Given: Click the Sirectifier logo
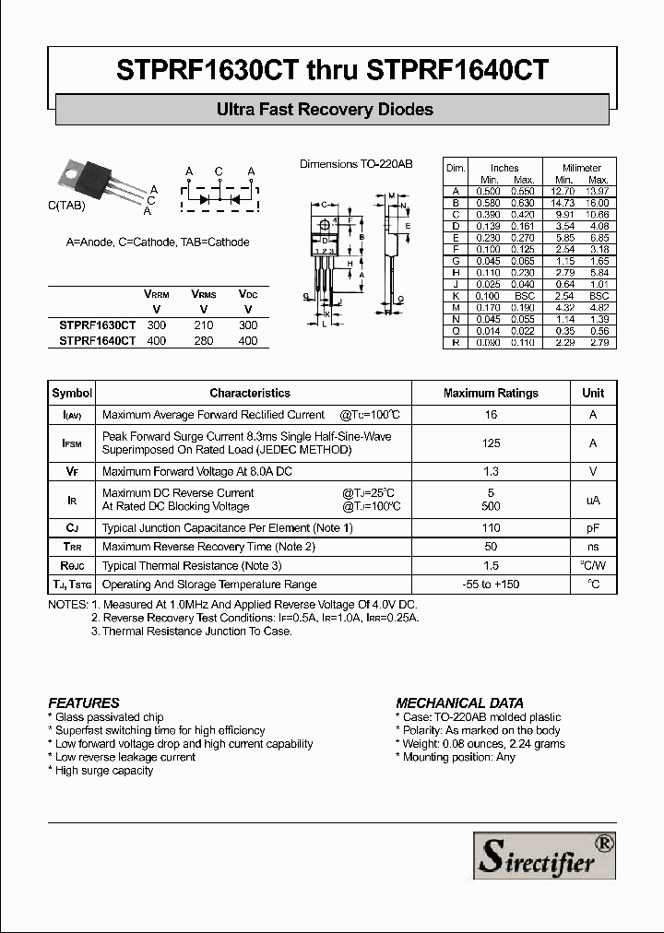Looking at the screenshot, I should [x=544, y=854].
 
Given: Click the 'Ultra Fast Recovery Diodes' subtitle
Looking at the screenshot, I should [x=325, y=110].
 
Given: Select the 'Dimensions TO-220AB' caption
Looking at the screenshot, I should [x=356, y=164].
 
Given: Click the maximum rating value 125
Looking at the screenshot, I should [x=491, y=443].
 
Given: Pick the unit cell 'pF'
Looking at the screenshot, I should [x=593, y=528].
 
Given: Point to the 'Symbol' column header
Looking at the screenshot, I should [x=72, y=393].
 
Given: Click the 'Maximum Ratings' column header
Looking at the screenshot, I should [x=491, y=393].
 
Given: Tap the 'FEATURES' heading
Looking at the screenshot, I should [x=83, y=703].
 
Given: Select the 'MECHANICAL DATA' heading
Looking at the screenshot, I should [x=459, y=703].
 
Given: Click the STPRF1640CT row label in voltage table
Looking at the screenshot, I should [x=97, y=340].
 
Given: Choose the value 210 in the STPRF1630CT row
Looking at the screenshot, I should [x=204, y=325].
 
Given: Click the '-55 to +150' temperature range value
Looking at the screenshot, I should [x=491, y=585].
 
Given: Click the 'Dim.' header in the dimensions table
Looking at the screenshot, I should [x=455, y=168].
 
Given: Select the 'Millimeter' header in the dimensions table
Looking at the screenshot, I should [x=581, y=168].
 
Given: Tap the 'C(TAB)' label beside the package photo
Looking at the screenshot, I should [x=66, y=207].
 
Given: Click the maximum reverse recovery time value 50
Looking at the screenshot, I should [x=491, y=547].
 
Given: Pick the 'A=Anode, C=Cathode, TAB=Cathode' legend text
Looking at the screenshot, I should [x=158, y=242].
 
